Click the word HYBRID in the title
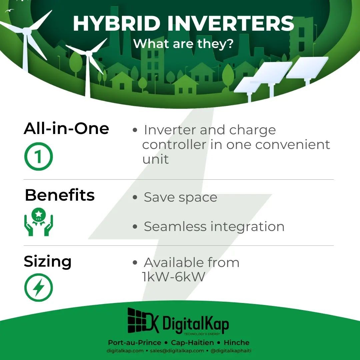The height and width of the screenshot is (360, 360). pos(117,23)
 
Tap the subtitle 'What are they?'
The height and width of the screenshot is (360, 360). pos(183,44)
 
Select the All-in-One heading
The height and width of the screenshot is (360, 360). pos(66,128)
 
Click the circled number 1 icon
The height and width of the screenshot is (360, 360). pos(39,156)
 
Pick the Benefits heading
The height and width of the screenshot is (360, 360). pos(60,195)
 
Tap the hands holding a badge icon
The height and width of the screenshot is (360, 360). pos(39,222)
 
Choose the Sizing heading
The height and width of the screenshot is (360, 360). pos(48,262)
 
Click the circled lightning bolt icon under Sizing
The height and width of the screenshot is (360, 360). pos(39,287)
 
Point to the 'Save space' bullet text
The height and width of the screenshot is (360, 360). pos(180,197)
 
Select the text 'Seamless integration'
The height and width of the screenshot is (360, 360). pos(214,227)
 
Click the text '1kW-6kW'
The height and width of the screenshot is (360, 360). pos(173,277)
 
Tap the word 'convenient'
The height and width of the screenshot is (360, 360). pos(293,145)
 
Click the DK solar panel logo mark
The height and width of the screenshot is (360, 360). pos(143,321)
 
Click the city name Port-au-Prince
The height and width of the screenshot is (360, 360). pos(135,343)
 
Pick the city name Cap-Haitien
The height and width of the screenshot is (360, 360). pos(192,343)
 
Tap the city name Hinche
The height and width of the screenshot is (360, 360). pos(236,343)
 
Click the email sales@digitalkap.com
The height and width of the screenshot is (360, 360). pos(177,351)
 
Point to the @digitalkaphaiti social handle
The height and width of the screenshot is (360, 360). pos(231,351)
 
